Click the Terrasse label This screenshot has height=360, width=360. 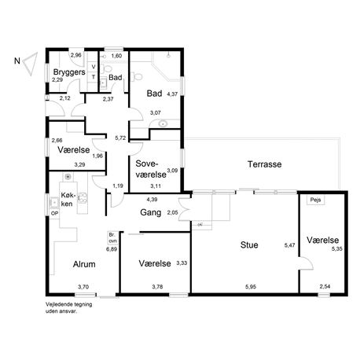click(264, 164)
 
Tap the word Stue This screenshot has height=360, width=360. click(249, 245)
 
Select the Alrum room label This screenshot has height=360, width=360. click(84, 264)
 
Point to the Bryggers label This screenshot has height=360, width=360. click(69, 72)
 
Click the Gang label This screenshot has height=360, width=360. click(151, 212)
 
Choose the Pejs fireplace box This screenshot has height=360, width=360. click(316, 200)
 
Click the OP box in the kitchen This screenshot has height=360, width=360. click(54, 214)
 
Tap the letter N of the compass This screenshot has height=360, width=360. click(17, 61)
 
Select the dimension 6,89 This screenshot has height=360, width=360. click(112, 249)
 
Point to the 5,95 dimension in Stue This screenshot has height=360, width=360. click(251, 287)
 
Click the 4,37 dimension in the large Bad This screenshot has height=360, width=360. click(172, 94)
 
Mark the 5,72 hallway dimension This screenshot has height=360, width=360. click(120, 138)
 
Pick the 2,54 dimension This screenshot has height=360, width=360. click(325, 286)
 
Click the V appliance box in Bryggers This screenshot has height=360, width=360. click(93, 67)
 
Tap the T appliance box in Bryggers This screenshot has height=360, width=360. click(93, 77)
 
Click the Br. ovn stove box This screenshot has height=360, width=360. click(113, 238)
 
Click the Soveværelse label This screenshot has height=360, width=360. click(151, 169)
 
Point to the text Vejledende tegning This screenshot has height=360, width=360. click(69, 304)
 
